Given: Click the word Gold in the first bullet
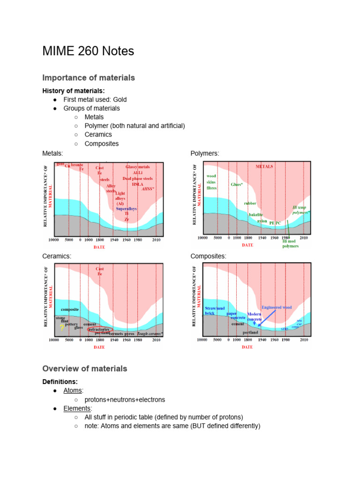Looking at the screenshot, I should (119, 99).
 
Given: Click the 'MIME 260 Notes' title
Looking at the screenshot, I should (88, 51).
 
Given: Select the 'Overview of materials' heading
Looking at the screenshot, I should (84, 368).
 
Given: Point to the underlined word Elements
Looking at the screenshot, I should (77, 408).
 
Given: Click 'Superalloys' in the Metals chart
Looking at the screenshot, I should (126, 209).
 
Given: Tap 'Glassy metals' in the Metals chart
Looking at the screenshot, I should (138, 167).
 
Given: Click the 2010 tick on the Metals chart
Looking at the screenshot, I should (157, 240).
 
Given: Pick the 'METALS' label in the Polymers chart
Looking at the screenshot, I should (264, 166).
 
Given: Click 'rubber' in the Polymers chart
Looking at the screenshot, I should (250, 203).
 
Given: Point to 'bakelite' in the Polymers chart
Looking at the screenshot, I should (255, 215).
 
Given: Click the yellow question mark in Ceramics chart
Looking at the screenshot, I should (62, 328).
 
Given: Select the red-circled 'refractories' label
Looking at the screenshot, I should (98, 330).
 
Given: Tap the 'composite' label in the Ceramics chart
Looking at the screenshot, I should (70, 309).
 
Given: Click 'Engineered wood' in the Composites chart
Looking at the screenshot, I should (277, 307).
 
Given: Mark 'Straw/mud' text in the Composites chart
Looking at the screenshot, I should (215, 308).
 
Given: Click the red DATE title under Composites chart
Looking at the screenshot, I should (247, 347).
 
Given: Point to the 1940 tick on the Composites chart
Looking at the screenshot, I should (262, 340).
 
